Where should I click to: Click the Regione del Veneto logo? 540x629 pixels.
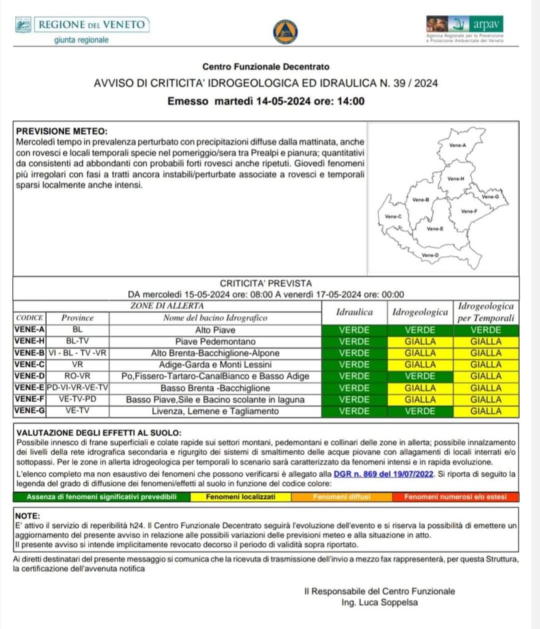pos(82,29)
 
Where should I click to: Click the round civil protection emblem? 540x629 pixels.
pos(285,32)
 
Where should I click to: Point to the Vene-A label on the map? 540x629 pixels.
pos(459,146)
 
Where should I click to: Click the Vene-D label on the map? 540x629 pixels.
pos(431,255)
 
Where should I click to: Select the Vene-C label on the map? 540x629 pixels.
pos(393,217)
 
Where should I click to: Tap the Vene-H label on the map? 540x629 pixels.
pos(456,179)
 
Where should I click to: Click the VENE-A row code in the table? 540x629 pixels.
pos(28,330)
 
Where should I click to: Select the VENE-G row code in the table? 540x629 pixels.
pos(28,411)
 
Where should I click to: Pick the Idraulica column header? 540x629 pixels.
pos(354,312)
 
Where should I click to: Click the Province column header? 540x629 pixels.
pos(77,318)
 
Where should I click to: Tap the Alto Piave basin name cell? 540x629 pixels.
pos(215,330)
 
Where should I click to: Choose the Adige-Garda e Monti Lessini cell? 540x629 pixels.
pos(215,364)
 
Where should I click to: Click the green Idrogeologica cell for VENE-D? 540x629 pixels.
pos(420,376)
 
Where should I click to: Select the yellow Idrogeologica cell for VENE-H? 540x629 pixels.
pos(420,342)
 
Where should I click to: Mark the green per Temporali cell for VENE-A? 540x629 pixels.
pos(485,330)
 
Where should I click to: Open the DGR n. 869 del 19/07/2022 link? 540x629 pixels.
pos(383,474)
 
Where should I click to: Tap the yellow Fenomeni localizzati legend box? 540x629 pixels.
pos(240,496)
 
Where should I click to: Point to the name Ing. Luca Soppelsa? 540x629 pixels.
pos(379,603)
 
